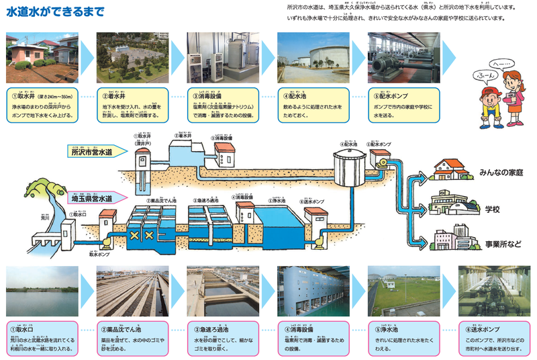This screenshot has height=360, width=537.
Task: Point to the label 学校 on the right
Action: pyautogui.click(x=493, y=210)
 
